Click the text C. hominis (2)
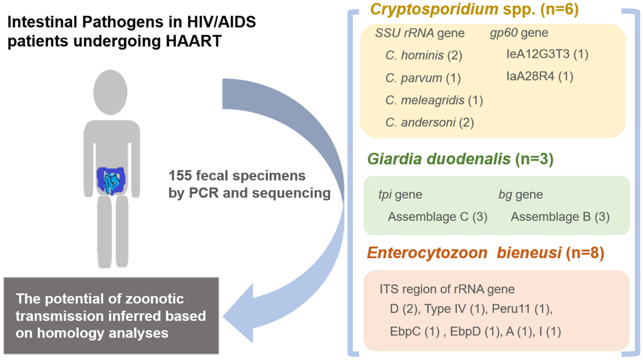423,55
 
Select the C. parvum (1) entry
423,78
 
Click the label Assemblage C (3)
437,217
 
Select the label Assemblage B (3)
560,217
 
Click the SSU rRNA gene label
420,34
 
